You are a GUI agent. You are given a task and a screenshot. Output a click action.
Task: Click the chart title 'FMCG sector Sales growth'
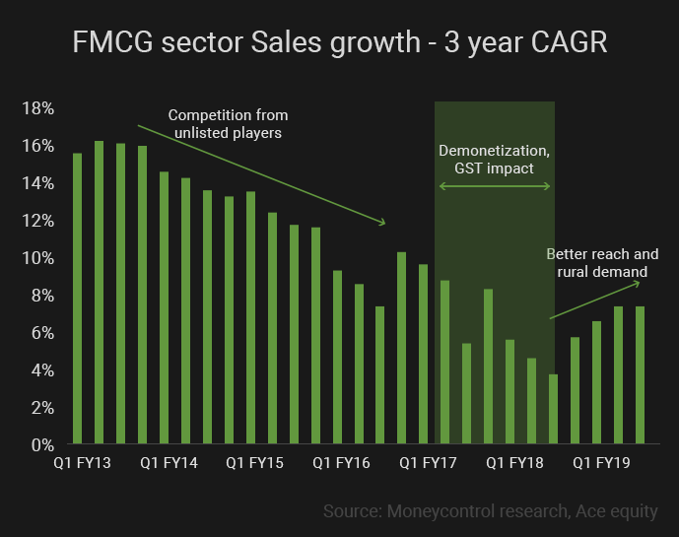click(x=339, y=44)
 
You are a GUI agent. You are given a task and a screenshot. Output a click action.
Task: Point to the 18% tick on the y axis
click(x=38, y=108)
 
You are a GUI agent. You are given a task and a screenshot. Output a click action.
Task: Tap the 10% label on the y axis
click(x=38, y=258)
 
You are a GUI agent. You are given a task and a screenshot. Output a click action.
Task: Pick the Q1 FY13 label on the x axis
click(x=83, y=461)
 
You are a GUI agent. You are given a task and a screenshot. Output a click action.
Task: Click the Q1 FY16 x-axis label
click(x=341, y=461)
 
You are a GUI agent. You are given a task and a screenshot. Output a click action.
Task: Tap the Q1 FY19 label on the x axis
click(x=601, y=461)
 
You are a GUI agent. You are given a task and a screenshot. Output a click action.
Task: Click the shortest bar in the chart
click(x=553, y=409)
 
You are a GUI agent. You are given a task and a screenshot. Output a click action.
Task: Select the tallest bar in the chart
click(x=100, y=293)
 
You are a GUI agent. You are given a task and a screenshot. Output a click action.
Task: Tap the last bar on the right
click(x=640, y=375)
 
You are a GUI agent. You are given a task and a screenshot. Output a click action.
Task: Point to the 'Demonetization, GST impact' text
click(x=495, y=160)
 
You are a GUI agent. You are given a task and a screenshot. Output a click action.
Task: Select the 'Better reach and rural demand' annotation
click(x=602, y=263)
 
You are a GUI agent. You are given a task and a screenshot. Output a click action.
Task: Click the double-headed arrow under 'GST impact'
click(x=495, y=186)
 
